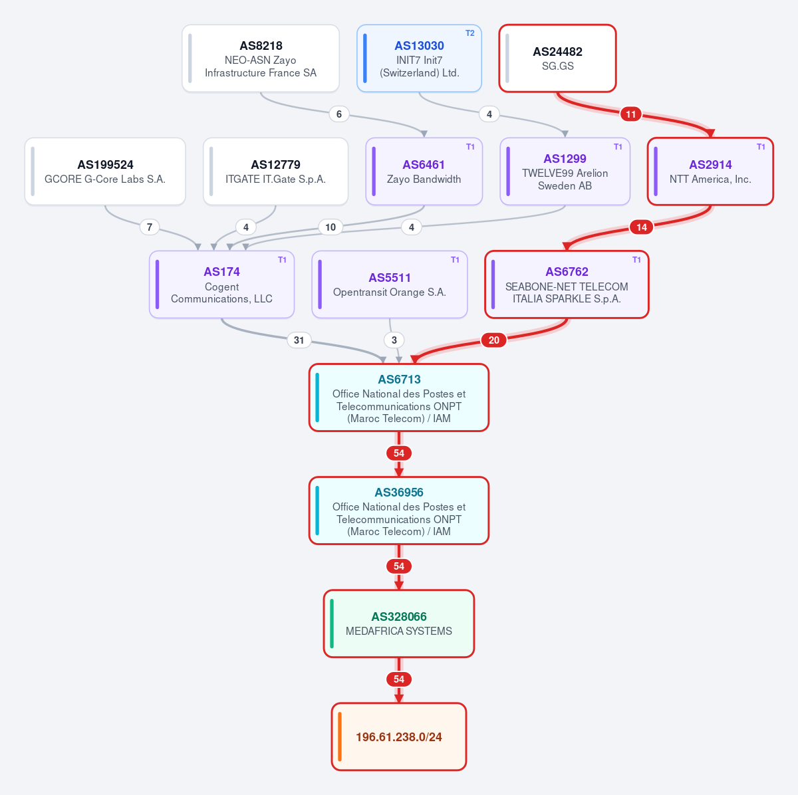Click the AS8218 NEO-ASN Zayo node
tap(261, 58)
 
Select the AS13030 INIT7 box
tap(419, 58)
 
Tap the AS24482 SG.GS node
tap(557, 58)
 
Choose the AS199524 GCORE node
tap(105, 171)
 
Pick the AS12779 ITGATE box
tap(275, 171)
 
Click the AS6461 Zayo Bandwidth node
tap(424, 171)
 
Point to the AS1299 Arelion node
tap(565, 171)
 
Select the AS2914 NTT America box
tap(710, 171)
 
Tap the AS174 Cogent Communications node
tap(221, 284)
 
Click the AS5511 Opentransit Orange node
tap(389, 284)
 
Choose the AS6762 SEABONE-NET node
tap(567, 284)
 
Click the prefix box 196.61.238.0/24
tap(399, 737)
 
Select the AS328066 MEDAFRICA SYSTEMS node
tap(399, 624)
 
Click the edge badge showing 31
tap(299, 340)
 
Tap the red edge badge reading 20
tap(493, 340)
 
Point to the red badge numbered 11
tap(630, 114)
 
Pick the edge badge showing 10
tap(331, 227)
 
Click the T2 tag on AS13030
tap(469, 33)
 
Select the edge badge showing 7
tap(150, 227)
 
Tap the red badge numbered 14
tap(642, 227)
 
